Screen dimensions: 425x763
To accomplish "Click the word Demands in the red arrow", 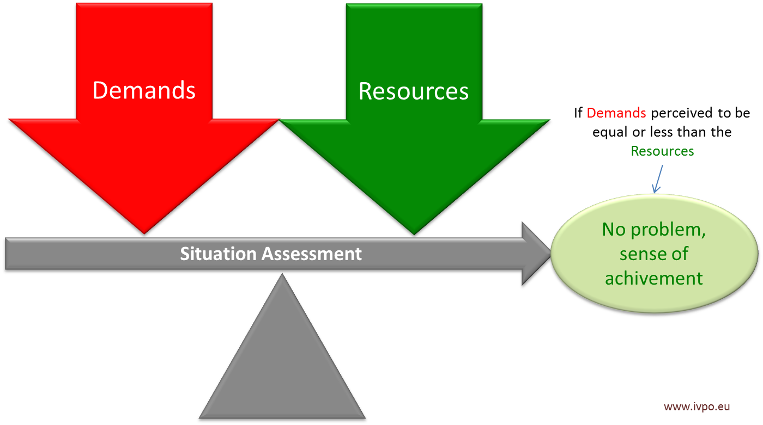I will click(144, 90).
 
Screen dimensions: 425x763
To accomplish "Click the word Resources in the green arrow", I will click(414, 91).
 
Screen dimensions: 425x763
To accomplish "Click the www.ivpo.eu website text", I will click(697, 406).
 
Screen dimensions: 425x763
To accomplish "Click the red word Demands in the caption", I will click(616, 113).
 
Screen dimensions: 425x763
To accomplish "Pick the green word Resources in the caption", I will click(662, 151).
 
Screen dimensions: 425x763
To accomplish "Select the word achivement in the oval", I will click(654, 278).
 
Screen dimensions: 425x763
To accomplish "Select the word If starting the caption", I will click(578, 113).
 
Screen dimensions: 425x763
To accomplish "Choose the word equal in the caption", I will click(607, 132).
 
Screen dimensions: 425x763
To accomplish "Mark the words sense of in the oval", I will click(654, 254).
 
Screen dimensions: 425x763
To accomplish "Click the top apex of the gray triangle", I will click(282, 274).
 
